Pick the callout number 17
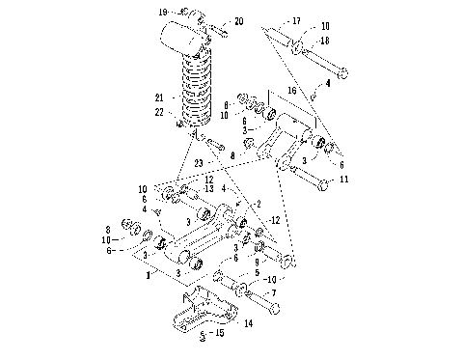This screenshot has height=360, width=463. click(x=296, y=19)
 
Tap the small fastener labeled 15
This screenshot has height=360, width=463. click(x=203, y=338)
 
